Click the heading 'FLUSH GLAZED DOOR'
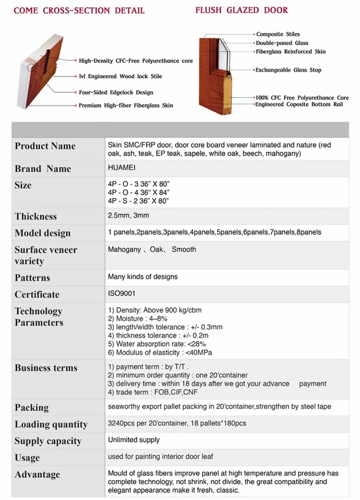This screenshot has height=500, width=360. point(241,10)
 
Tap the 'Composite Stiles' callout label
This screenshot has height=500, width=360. point(277,34)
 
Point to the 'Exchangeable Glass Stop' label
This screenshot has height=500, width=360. point(288,70)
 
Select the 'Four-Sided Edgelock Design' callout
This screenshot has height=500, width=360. point(116,92)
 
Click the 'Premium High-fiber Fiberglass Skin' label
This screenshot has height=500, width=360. point(126,105)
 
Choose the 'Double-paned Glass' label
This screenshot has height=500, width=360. point(282,43)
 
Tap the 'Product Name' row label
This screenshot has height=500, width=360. point(45,146)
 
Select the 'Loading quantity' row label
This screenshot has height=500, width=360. point(51,425)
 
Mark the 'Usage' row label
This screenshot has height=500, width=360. point(27,458)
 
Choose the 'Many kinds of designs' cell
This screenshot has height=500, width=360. point(143,277)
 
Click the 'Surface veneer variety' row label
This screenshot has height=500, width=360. point(46,256)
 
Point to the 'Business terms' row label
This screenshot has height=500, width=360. point(46,368)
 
